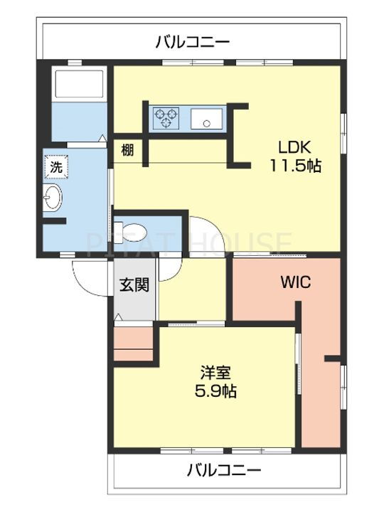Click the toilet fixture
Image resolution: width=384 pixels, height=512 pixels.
click(131, 233)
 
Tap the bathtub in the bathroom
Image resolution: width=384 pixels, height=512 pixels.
click(80, 83)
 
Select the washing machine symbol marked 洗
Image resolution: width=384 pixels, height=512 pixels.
click(56, 167)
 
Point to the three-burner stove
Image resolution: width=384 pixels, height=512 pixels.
click(167, 117)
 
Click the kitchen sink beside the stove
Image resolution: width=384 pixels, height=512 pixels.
click(207, 118)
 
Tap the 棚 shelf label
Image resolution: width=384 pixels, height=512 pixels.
click(127, 151)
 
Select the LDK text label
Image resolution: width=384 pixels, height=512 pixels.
click(294, 148)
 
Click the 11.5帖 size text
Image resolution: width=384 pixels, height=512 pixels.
click(295, 166)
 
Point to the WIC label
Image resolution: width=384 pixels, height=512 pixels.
click(296, 282)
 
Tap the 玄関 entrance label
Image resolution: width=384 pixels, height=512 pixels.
click(134, 284)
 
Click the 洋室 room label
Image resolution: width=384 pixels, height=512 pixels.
click(216, 373)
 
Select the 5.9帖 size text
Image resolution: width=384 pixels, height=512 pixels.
click(215, 391)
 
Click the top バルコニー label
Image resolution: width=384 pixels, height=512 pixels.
click(192, 43)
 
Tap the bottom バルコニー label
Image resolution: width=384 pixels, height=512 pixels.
click(224, 471)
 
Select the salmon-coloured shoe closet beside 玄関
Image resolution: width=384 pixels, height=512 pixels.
click(133, 343)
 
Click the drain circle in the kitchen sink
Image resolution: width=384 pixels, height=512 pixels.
click(206, 124)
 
